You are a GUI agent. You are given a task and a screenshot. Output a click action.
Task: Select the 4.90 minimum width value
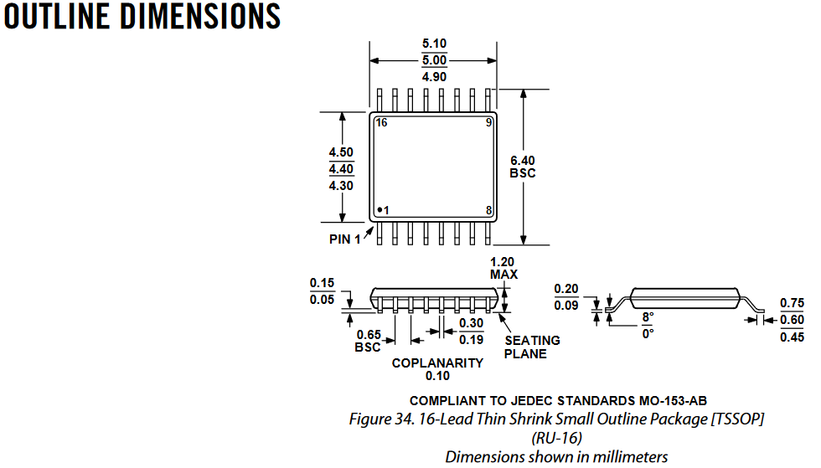click(434, 76)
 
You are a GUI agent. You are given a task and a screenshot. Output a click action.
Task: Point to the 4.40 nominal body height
click(341, 168)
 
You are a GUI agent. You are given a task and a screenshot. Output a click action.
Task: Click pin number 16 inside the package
click(381, 122)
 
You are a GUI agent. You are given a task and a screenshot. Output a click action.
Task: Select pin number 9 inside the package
click(488, 122)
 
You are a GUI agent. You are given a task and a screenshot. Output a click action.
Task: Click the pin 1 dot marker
click(379, 209)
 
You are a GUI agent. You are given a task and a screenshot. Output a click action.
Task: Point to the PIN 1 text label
click(344, 239)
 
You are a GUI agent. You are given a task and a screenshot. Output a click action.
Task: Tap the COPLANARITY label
click(437, 363)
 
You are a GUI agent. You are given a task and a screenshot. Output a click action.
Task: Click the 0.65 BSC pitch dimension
click(368, 341)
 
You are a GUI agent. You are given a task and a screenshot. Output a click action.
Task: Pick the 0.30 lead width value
click(471, 323)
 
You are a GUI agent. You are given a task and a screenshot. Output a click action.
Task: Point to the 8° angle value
click(648, 318)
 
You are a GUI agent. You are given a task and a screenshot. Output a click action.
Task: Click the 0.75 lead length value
click(792, 303)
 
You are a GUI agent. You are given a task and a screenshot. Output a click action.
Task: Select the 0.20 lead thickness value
click(565, 290)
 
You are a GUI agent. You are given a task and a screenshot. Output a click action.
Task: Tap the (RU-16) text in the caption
click(556, 437)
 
